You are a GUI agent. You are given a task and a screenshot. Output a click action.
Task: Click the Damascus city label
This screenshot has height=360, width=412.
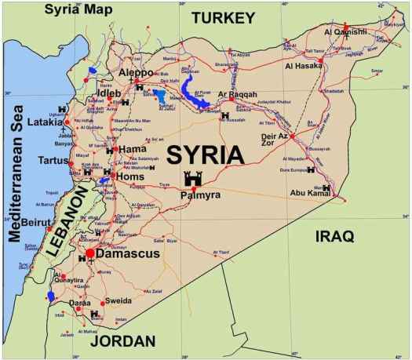click(129, 254)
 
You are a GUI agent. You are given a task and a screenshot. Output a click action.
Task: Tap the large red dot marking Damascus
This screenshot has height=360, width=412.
click(90, 253)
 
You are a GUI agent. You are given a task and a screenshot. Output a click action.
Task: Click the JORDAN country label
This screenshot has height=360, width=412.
click(122, 341)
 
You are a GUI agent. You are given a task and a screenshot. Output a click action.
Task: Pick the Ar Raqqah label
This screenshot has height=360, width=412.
click(238, 95)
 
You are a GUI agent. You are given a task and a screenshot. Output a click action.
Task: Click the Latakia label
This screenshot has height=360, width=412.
click(45, 122)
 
